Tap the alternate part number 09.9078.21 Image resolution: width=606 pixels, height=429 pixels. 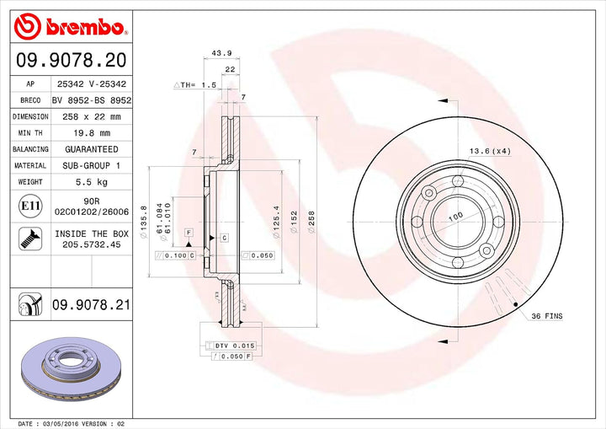coord(91,304)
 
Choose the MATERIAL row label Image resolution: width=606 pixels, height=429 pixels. coord(29,166)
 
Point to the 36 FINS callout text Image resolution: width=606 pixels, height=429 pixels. coord(546,315)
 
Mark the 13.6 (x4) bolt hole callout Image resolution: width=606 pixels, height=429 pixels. coord(490,151)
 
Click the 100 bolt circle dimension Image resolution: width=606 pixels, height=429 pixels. coord(456,217)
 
